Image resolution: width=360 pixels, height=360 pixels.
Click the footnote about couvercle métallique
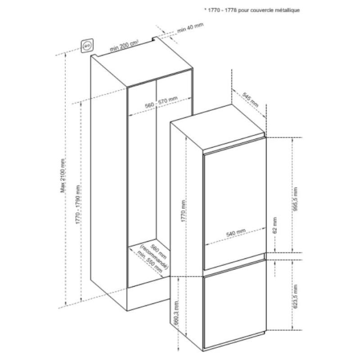point(252,10)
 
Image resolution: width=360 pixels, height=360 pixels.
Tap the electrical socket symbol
point(87,46)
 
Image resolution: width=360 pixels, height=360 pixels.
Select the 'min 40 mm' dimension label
point(190,28)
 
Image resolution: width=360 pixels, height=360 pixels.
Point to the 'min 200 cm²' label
point(124,46)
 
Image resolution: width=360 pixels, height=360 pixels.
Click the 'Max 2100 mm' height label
point(63,175)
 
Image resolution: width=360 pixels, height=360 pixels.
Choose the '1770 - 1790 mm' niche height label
point(78,205)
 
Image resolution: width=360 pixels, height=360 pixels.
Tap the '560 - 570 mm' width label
point(162,102)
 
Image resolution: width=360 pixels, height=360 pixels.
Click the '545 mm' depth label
point(251,100)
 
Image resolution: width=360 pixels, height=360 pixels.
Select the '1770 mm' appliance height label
point(184,211)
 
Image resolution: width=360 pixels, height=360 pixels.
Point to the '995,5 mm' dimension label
point(295,199)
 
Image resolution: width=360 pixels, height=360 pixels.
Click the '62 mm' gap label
point(275,225)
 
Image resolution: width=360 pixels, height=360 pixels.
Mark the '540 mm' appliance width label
point(236,233)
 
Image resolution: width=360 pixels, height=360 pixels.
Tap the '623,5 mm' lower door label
point(295,297)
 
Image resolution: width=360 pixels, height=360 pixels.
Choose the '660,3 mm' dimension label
point(176,312)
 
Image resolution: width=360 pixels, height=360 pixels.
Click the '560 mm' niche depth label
point(158,252)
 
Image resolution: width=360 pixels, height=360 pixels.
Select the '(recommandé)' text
point(154,257)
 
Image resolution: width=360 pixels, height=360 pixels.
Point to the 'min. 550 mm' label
point(150,262)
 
